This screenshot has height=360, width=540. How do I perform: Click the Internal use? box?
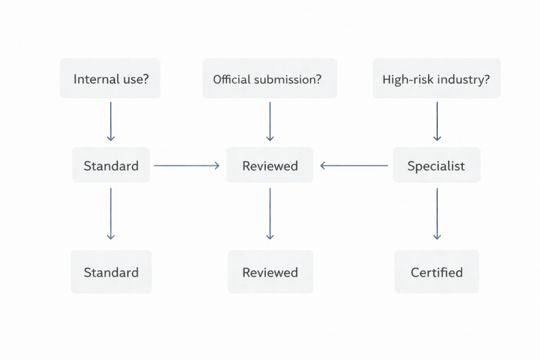[110, 79]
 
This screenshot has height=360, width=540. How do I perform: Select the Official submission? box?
[269, 79]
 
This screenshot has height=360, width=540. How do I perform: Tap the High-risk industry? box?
[437, 79]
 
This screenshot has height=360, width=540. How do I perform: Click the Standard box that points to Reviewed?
[111, 166]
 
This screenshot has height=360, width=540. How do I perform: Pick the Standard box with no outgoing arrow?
[111, 272]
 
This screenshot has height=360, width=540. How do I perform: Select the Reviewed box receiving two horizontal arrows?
[269, 166]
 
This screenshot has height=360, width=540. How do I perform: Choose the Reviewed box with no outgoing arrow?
[270, 272]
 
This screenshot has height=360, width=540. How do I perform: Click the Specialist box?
[436, 166]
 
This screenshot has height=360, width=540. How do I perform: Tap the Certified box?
[437, 272]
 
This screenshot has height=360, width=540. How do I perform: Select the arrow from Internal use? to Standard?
[111, 121]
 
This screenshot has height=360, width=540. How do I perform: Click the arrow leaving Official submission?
[270, 121]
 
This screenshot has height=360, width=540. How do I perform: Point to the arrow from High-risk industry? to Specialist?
[437, 121]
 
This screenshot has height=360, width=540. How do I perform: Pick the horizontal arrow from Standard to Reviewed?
[187, 166]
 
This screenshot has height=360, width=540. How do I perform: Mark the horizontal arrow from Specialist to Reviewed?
[354, 166]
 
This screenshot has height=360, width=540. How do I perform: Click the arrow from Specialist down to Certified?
[437, 213]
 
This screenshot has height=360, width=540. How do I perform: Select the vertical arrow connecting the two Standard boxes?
[111, 213]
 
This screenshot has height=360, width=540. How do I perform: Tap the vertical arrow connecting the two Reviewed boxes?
[270, 213]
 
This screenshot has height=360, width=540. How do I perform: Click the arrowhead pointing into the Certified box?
[437, 237]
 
